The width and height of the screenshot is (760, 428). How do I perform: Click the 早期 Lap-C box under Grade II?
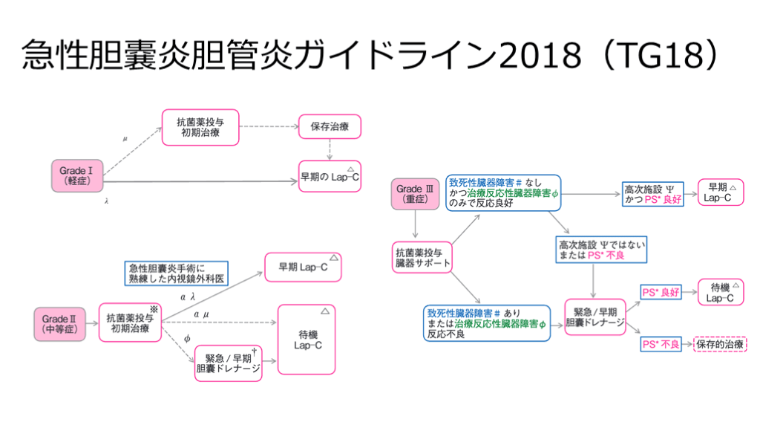tap(303, 267)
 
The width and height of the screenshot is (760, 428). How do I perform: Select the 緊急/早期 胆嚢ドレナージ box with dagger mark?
tap(229, 363)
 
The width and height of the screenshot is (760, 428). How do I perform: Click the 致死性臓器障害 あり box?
tap(488, 322)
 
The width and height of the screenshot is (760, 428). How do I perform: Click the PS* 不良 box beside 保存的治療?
tap(661, 344)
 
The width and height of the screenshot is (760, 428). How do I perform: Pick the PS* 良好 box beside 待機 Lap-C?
tap(661, 292)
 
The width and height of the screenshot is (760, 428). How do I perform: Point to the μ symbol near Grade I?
tap(125, 138)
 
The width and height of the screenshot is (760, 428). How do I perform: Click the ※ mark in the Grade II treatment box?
tap(155, 308)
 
